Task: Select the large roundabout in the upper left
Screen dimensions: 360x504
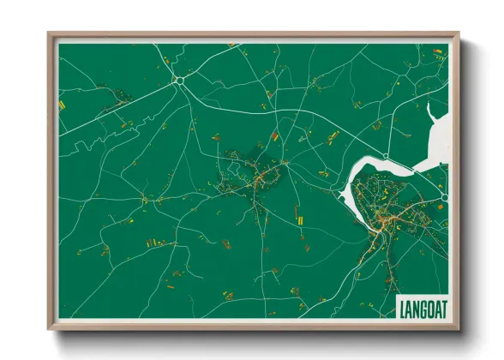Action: coord(179,81)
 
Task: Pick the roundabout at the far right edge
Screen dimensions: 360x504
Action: coord(444,198)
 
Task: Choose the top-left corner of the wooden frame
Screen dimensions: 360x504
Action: coord(50,35)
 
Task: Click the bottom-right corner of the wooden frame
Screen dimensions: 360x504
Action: coord(458,328)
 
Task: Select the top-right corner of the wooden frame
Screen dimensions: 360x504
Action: coord(458,35)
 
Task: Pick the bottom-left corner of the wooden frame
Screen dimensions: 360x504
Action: coord(50,328)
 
